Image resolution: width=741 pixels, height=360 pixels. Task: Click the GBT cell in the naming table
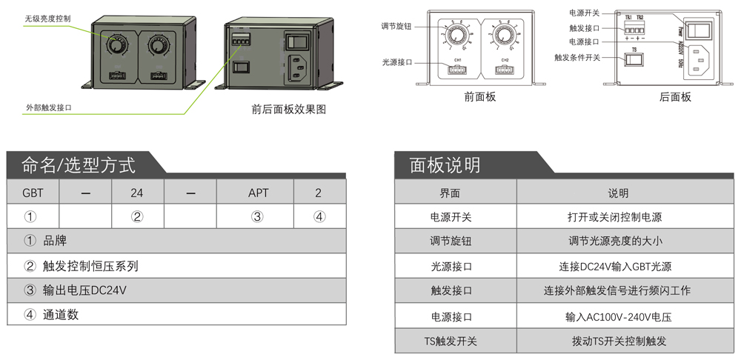tap(33, 193)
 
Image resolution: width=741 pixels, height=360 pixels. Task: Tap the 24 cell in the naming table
tap(136, 193)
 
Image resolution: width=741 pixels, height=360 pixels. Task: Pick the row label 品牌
tap(55, 241)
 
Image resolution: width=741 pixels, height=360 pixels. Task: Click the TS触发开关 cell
tap(451, 341)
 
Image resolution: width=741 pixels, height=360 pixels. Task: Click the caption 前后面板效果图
tap(289, 110)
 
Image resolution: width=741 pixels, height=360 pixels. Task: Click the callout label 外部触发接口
tap(49, 108)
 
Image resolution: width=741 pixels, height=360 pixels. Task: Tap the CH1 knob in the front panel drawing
tap(459, 36)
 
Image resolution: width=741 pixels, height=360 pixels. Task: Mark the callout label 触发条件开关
tap(577, 56)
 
